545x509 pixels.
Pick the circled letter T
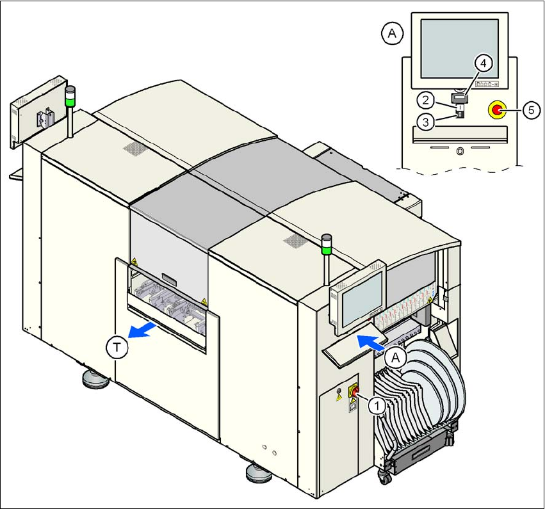tap(116, 348)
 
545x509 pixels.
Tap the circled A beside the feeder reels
tap(396, 358)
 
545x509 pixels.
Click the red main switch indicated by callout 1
tap(354, 391)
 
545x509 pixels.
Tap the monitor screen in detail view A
tap(459, 49)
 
